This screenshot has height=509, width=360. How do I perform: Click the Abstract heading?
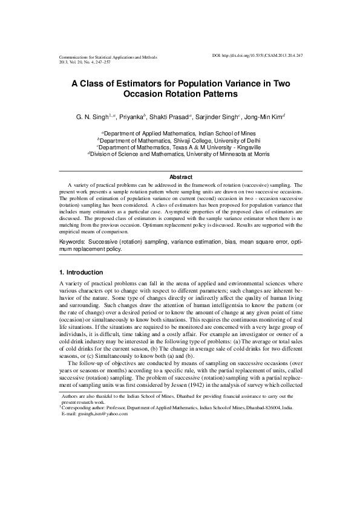click(x=180, y=177)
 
